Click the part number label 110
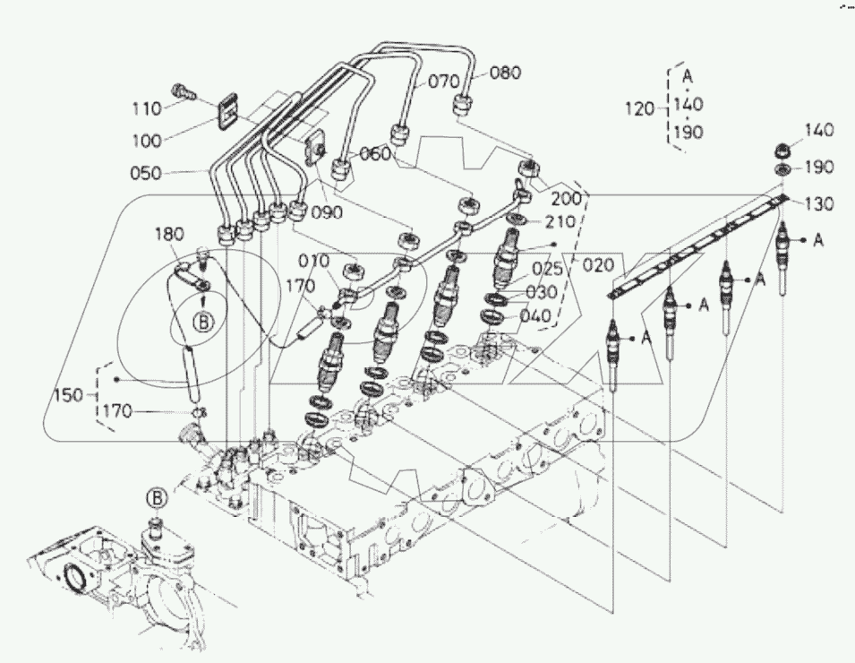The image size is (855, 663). coord(144,108)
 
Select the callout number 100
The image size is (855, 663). coord(145,141)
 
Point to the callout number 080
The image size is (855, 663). coord(505,73)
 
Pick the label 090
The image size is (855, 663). coord(328,213)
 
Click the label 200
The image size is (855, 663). coord(565,197)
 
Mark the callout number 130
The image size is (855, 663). coord(817,203)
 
